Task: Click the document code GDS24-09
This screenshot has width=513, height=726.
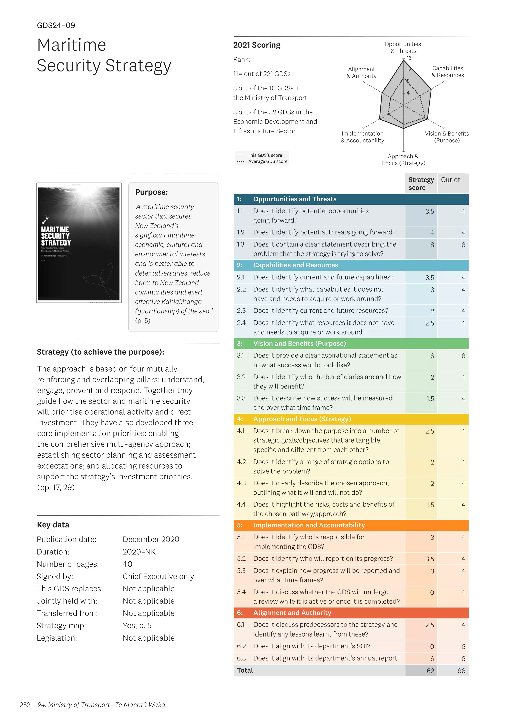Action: point(56,25)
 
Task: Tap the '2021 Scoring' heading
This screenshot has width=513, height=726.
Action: point(256,45)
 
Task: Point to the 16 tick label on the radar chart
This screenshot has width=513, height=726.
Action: point(409,58)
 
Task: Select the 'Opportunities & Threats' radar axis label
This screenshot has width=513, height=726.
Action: point(403,47)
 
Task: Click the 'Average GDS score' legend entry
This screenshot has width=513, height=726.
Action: point(268,162)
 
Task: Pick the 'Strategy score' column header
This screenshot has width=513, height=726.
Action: point(421,184)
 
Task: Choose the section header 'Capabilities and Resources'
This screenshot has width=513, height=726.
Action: point(295,265)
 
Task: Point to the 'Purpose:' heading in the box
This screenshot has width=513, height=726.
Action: point(151,192)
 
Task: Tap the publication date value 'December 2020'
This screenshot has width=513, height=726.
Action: point(151,539)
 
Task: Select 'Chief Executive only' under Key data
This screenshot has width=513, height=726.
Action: point(158,576)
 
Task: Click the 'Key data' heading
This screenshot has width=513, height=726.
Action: point(53,525)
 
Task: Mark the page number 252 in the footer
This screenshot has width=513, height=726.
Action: point(25,705)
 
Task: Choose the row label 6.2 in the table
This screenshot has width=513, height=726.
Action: point(241,646)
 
